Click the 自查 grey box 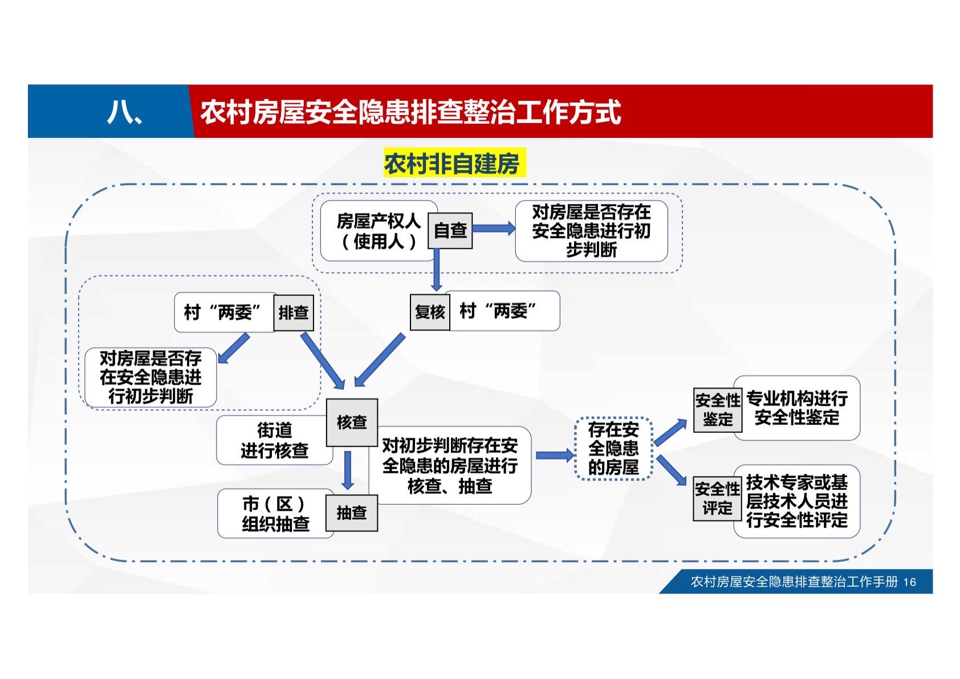[450, 231]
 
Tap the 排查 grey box [293, 313]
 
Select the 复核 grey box [430, 312]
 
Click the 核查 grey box [352, 423]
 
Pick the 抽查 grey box [351, 513]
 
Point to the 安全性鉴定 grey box [717, 410]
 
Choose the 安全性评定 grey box [717, 499]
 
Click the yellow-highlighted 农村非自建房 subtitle [453, 164]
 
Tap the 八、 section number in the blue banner [124, 112]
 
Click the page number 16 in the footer [910, 582]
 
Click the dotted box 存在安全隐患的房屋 [613, 448]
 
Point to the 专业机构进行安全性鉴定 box [797, 408]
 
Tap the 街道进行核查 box [274, 440]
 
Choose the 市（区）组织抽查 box [275, 514]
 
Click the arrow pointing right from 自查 [494, 229]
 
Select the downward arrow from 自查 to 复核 [437, 271]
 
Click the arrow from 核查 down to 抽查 [348, 470]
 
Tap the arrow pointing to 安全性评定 [671, 470]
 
